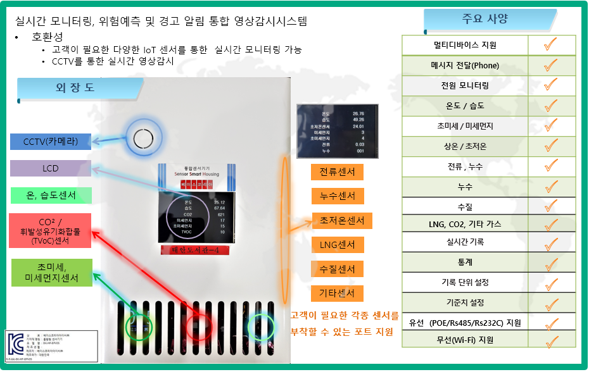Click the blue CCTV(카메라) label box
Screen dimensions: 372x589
[x=51, y=142]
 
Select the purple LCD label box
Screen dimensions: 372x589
[x=51, y=168]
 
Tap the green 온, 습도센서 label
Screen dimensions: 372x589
[x=51, y=195]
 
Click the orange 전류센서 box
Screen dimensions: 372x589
[x=337, y=172]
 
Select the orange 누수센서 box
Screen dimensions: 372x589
[x=337, y=196]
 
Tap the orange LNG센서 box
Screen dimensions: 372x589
[x=337, y=245]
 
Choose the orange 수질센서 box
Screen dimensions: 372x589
[x=337, y=269]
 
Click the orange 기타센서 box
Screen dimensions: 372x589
[x=337, y=294]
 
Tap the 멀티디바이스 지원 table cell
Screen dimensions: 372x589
[x=465, y=45]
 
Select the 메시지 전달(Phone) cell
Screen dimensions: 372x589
[x=465, y=65]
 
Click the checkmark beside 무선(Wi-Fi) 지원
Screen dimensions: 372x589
[x=551, y=341]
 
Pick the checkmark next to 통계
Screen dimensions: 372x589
[x=551, y=261]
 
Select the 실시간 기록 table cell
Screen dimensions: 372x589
[x=465, y=241]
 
